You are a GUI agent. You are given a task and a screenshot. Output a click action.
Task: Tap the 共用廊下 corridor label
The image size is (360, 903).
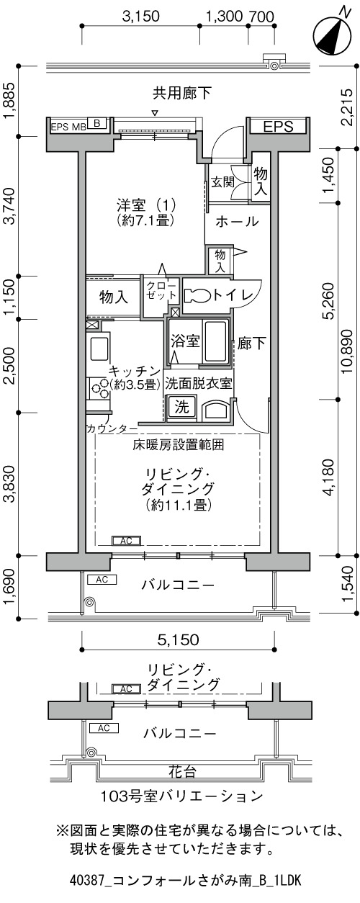pos(181,94)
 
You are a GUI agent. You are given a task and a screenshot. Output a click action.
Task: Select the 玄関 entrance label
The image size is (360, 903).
pos(222,182)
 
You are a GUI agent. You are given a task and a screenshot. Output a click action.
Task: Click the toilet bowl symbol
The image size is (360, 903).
pos(197,295)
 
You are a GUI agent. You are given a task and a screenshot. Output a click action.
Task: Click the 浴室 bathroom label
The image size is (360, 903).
pos(185,341)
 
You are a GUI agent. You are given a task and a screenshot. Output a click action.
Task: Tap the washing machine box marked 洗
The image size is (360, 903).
pos(181,407)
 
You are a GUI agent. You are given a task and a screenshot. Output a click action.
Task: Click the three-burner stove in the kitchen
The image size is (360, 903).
pos(99,388)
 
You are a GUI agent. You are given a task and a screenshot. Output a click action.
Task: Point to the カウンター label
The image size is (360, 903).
pos(112,428)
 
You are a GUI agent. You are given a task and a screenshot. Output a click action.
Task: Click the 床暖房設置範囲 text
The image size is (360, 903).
pos(178,445)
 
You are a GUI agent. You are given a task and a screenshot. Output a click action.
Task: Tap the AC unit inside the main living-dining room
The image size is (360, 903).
pos(126,541)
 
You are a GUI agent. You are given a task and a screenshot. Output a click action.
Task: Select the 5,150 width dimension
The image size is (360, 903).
pos(178,639)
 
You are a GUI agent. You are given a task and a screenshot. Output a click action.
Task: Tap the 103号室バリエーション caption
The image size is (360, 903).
pos(181,796)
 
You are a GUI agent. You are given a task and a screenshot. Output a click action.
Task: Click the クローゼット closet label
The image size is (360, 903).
pos(161,290)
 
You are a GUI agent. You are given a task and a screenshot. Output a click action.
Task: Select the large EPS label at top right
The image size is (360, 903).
pos(278,127)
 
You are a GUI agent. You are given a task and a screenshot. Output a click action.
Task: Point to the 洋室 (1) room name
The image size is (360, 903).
pos(146,206)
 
